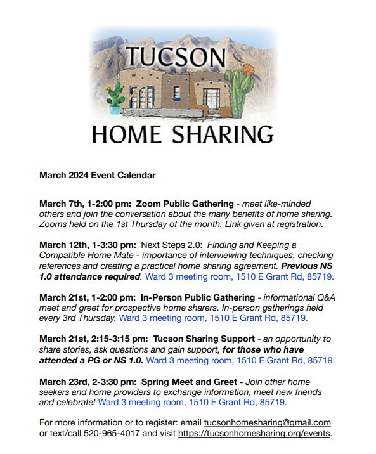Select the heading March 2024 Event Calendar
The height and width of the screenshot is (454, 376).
(x=97, y=174)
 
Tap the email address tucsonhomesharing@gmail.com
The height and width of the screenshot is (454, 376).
(x=267, y=422)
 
